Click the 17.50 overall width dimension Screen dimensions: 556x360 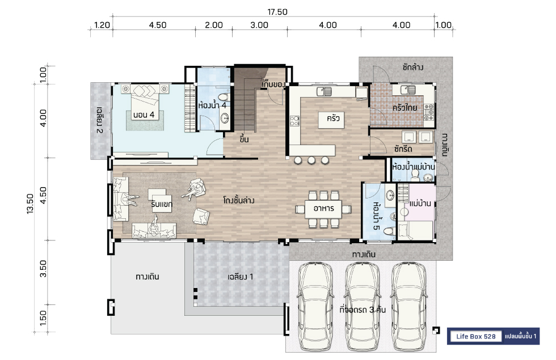pyautogui.click(x=277, y=12)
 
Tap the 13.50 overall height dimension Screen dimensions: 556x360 pyautogui.click(x=30, y=204)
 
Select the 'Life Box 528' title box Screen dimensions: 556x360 pyautogui.click(x=475, y=336)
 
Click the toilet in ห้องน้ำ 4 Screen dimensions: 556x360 pyautogui.click(x=223, y=97)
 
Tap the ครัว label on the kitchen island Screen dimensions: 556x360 pyautogui.click(x=333, y=118)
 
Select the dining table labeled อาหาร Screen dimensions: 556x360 pyautogui.click(x=323, y=209)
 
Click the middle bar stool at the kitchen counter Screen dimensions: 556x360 pyautogui.click(x=311, y=160)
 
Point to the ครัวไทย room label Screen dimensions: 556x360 pyautogui.click(x=404, y=107)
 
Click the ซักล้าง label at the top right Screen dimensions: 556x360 pyautogui.click(x=413, y=67)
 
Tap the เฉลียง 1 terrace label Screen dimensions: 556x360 pyautogui.click(x=241, y=277)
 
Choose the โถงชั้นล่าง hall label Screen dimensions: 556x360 pyautogui.click(x=239, y=201)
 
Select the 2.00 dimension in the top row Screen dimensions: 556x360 pyautogui.click(x=214, y=25)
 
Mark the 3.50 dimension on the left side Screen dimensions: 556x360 pyautogui.click(x=43, y=269)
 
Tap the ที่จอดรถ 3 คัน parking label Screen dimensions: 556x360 pyautogui.click(x=363, y=310)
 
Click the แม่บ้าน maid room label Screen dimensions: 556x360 pyautogui.click(x=420, y=204)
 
